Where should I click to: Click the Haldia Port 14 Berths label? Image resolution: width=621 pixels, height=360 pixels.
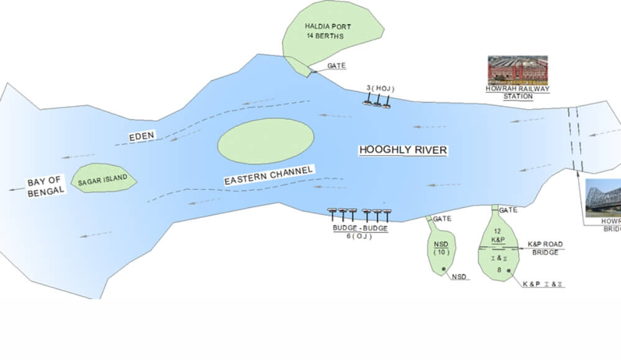point(327,31)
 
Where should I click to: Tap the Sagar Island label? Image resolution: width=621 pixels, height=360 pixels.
point(102,179)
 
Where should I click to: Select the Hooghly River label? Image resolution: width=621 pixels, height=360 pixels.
point(403,150)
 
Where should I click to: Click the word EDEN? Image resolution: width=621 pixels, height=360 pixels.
point(142,136)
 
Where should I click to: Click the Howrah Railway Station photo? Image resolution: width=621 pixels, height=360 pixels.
point(517,70)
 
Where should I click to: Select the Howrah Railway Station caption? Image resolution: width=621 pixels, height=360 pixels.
point(517,92)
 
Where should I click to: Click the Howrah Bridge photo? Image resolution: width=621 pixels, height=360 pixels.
point(604,197)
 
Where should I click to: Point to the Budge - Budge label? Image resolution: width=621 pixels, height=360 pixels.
point(360,228)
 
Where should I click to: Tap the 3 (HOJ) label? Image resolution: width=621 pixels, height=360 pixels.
point(379,88)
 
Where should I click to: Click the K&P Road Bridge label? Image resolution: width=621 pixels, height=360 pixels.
point(545,248)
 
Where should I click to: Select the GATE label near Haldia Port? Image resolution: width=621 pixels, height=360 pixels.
point(336,66)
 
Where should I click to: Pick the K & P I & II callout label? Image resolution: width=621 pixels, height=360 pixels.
point(543,284)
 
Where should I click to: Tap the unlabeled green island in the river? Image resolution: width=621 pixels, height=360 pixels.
point(265,141)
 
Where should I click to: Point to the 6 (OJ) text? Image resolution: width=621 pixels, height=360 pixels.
point(360,237)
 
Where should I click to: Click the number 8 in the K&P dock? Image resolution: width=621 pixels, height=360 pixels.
point(499,270)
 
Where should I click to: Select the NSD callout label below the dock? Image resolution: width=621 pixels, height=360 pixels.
point(460,276)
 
